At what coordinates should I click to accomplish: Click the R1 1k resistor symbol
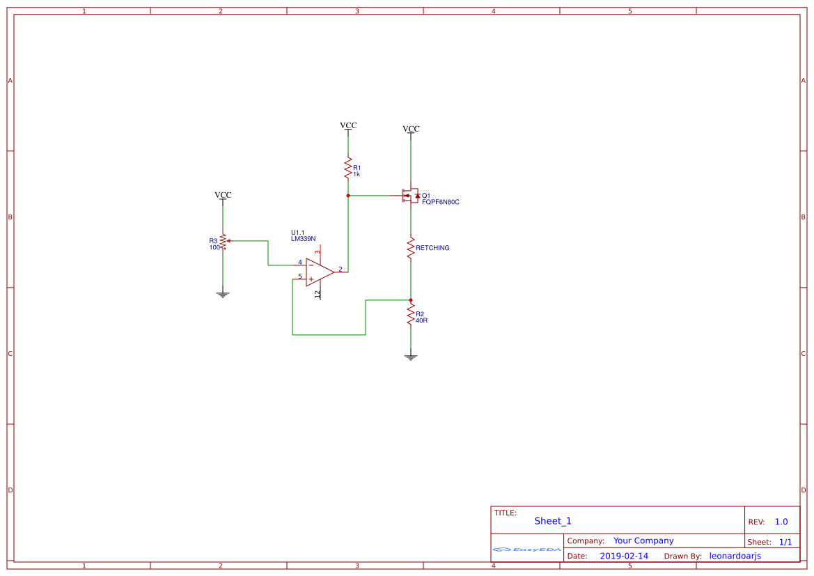(x=347, y=168)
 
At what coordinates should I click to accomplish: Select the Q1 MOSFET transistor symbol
(x=409, y=196)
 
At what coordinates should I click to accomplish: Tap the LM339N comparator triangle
(x=319, y=272)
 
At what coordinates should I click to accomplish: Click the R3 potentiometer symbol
(x=223, y=242)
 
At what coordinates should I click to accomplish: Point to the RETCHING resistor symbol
(x=410, y=247)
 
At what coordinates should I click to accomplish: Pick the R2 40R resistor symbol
(x=410, y=314)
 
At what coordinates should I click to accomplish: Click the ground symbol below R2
(x=410, y=357)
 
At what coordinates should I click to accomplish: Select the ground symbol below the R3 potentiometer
(x=223, y=295)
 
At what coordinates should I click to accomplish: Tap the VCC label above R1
(x=348, y=125)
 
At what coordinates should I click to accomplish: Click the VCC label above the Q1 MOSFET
(x=411, y=129)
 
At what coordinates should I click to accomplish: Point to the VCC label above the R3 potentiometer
(x=223, y=195)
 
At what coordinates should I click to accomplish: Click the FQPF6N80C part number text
(x=441, y=202)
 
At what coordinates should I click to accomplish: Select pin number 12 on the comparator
(x=318, y=295)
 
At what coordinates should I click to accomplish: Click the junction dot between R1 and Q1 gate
(x=347, y=196)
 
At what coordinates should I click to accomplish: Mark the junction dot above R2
(x=410, y=300)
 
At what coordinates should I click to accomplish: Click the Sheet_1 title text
(x=553, y=521)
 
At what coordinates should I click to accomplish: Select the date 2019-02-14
(x=624, y=556)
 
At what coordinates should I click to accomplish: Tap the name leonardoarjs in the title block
(x=735, y=556)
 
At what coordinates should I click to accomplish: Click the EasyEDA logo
(x=527, y=549)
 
